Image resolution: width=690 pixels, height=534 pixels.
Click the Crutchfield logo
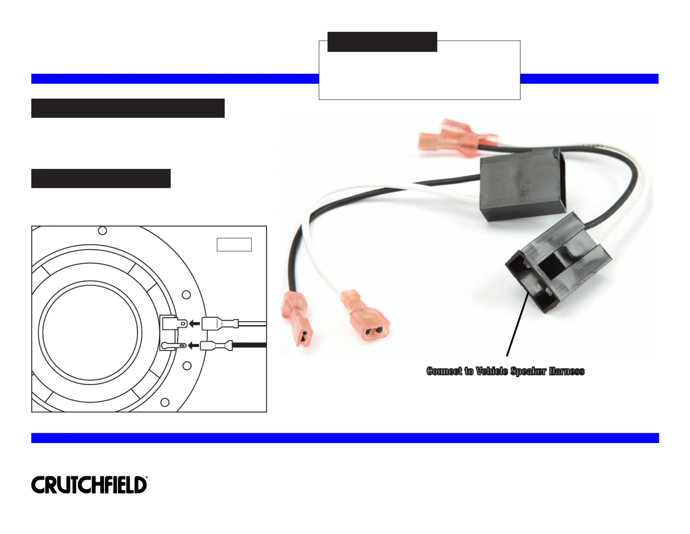pyautogui.click(x=89, y=485)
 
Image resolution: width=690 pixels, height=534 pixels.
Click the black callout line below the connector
pyautogui.click(x=517, y=324)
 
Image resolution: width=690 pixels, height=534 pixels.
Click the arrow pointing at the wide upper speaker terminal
pyautogui.click(x=194, y=324)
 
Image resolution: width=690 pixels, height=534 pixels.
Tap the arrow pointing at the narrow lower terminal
pyautogui.click(x=194, y=345)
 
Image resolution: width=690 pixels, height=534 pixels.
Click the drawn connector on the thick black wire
pyautogui.click(x=216, y=346)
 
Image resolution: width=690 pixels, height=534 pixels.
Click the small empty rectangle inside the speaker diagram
pyautogui.click(x=234, y=244)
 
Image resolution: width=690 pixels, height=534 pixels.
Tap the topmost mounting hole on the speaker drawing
pyautogui.click(x=102, y=231)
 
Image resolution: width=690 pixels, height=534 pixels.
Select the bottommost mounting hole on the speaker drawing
pyautogui.click(x=165, y=402)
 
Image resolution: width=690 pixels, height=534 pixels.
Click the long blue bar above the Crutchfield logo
pyautogui.click(x=345, y=438)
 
